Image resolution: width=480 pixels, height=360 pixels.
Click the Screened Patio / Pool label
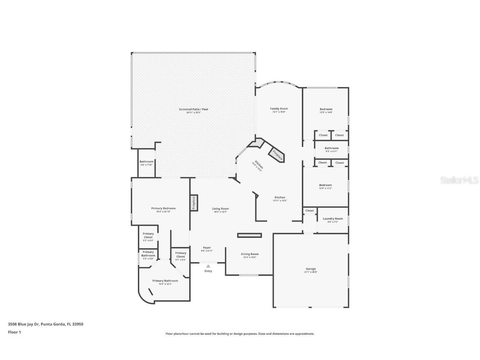193,109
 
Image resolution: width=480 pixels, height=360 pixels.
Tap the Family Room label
279,109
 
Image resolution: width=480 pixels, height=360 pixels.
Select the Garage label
311,269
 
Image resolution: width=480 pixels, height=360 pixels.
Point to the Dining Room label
250,254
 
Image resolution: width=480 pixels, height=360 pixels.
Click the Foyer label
207,248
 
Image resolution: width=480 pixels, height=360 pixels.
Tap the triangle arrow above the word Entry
208,266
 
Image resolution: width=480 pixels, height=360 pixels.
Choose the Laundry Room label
332,219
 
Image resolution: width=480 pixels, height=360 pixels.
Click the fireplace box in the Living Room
194,203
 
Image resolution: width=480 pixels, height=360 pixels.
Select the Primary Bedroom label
163,208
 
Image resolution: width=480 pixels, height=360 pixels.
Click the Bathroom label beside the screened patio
146,162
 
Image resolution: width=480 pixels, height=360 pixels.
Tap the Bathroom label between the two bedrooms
332,148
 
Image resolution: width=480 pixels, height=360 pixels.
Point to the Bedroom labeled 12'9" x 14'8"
326,109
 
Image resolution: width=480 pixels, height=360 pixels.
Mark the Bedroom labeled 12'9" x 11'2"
325,185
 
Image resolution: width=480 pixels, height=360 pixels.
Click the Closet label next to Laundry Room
310,211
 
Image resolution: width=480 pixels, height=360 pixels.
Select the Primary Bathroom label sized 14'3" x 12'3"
165,281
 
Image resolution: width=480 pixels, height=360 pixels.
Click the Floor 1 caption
14,332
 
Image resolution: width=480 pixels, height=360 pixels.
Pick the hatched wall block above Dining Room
250,235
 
